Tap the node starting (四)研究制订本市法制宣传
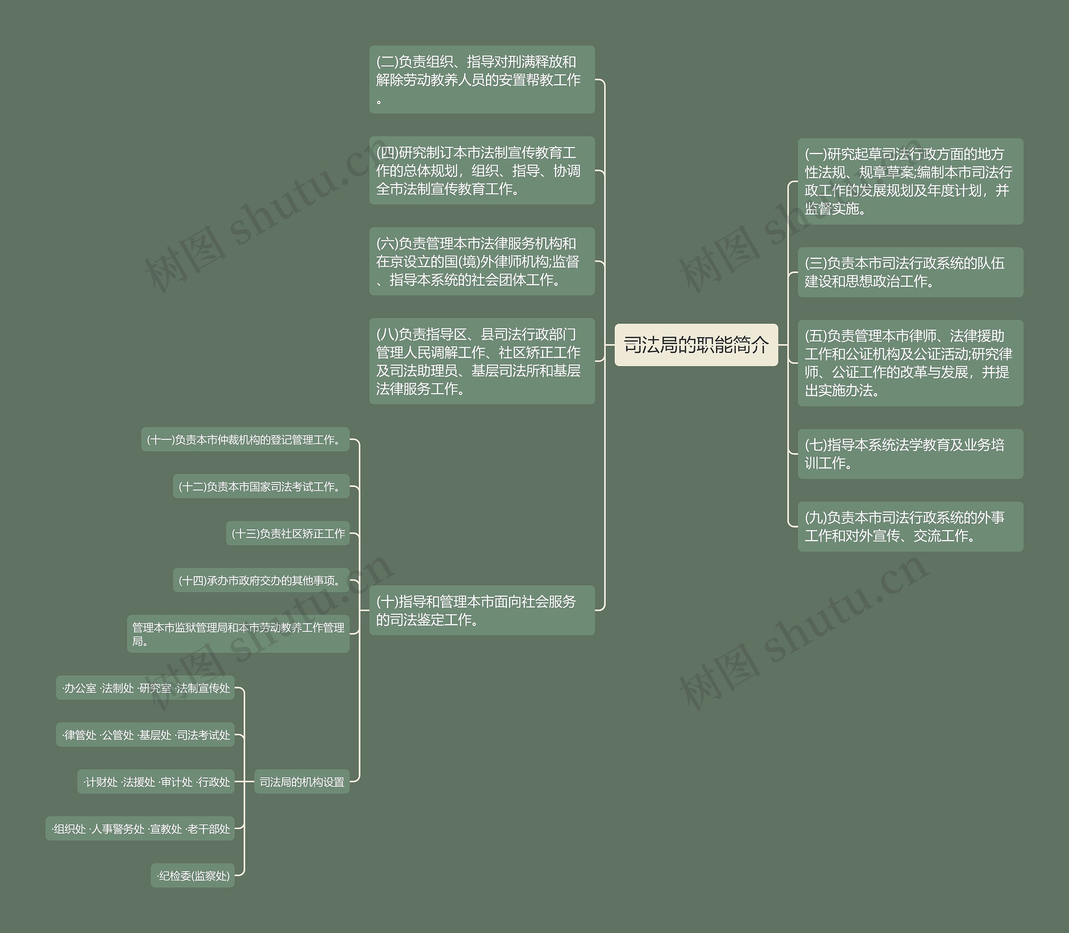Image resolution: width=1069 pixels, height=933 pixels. [x=481, y=170]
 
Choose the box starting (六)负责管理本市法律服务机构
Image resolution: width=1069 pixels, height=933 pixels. [x=481, y=261]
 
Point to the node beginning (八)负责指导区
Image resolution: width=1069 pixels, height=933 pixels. [x=481, y=361]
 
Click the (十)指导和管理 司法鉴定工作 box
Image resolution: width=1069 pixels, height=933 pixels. [x=481, y=610]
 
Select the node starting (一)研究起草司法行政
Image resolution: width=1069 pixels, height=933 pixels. [x=910, y=181]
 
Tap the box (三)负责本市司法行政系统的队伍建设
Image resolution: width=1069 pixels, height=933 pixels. [x=910, y=272]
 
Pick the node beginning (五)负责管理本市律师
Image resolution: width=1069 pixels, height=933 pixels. [x=910, y=363]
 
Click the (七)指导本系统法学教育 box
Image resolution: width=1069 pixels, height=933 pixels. [x=910, y=454]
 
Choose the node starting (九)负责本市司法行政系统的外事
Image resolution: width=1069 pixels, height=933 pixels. [x=910, y=526]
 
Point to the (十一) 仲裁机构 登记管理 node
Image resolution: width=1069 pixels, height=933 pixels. [x=245, y=440]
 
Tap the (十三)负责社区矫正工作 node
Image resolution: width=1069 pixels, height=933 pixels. [x=287, y=534]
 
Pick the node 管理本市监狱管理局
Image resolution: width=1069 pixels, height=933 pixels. [x=238, y=634]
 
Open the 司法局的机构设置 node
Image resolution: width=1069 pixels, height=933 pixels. [x=301, y=781]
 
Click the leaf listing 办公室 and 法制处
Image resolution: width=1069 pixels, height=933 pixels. [x=145, y=688]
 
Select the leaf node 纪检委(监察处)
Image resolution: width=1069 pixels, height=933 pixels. [x=193, y=876]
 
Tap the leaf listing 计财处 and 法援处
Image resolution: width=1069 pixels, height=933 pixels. [x=156, y=781]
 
